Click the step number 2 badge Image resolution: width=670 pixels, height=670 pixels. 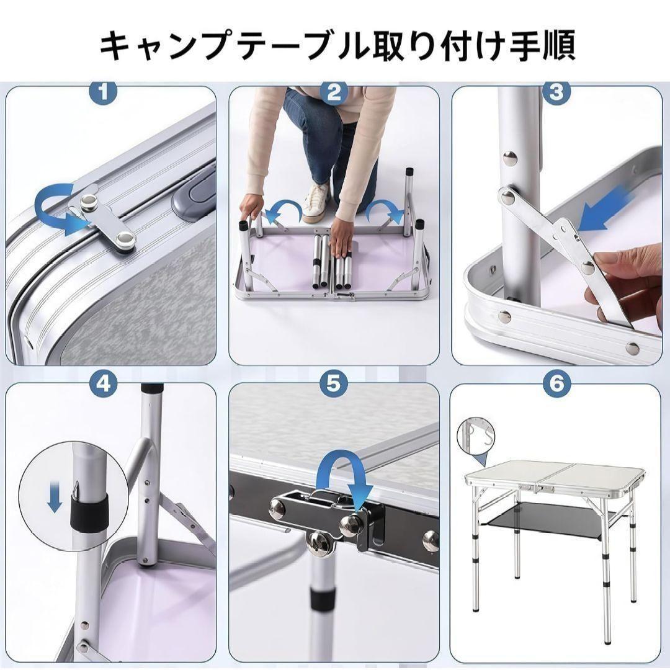[334, 93]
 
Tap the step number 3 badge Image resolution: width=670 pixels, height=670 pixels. [556, 93]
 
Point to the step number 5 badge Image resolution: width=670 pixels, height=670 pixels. [334, 384]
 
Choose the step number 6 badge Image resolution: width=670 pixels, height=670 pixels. [556, 384]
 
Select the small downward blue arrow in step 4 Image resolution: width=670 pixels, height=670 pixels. [55, 500]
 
